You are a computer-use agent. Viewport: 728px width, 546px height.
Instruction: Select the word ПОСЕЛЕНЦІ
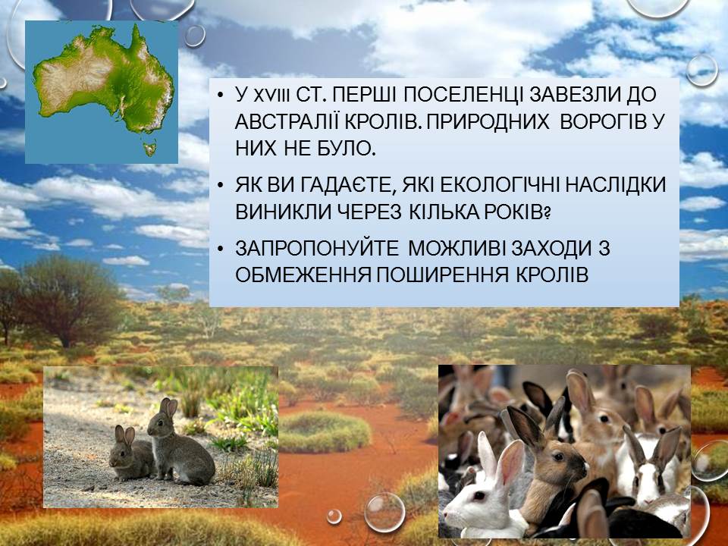coord(463,96)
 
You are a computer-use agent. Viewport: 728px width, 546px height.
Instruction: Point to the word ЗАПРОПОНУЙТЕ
coord(317,249)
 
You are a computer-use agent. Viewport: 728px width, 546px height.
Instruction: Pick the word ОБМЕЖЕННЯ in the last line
coord(303,275)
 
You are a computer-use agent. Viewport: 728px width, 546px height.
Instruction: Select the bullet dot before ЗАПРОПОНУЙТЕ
coord(221,249)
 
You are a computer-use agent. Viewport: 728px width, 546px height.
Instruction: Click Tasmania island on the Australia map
coord(150,149)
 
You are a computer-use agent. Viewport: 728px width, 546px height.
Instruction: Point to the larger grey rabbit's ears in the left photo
coord(168,407)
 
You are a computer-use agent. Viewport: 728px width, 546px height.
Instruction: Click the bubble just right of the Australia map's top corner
coord(195,36)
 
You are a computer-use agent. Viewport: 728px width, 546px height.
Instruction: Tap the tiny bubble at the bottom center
coord(334,516)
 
